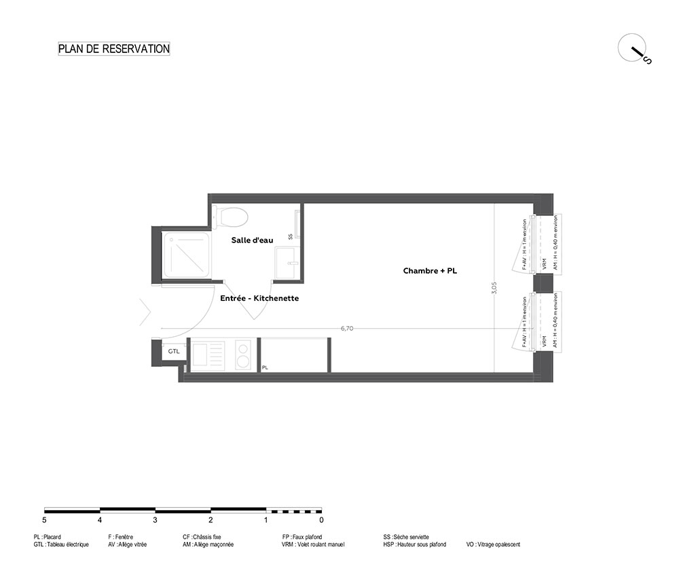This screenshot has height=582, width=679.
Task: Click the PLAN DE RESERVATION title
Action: (x=114, y=48)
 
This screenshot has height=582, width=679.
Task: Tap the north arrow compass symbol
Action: (x=634, y=49)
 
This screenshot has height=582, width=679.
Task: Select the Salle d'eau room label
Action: (x=252, y=240)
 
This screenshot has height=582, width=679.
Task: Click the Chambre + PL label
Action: (x=430, y=271)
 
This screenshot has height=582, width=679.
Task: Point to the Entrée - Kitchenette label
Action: (x=259, y=298)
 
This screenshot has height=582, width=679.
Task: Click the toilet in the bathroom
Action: (x=230, y=217)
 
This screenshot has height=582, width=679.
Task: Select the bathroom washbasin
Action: (x=287, y=263)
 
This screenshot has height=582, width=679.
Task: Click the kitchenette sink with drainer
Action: (x=208, y=356)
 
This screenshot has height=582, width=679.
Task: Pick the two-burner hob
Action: (x=243, y=356)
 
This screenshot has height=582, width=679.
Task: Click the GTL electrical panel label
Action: (x=174, y=351)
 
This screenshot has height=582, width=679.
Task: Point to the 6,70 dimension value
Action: (x=347, y=328)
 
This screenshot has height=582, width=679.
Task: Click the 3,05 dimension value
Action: (x=494, y=288)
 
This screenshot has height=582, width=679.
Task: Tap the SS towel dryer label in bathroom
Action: (x=291, y=236)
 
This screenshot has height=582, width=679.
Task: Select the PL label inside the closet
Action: (x=265, y=367)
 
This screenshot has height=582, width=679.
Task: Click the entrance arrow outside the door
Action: (x=145, y=312)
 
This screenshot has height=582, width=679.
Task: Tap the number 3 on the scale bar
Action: (x=155, y=520)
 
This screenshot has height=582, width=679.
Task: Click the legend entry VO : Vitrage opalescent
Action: (x=493, y=545)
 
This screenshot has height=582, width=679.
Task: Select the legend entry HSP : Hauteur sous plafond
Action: (x=414, y=545)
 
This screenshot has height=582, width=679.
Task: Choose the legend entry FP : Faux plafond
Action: (x=302, y=537)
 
